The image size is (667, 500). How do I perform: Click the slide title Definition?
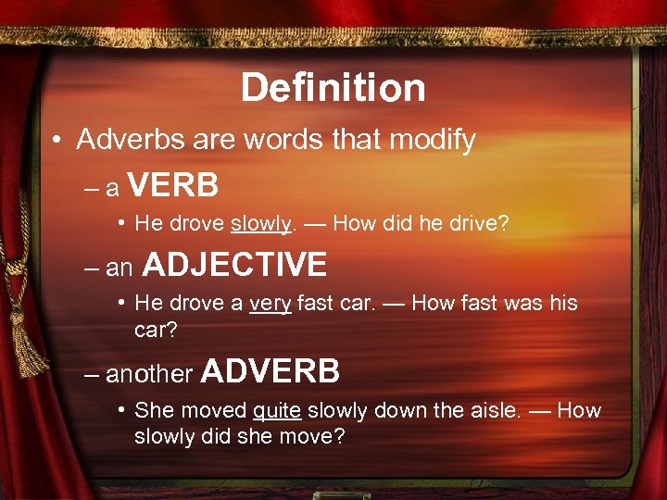click(333, 89)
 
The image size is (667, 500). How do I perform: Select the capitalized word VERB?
click(173, 187)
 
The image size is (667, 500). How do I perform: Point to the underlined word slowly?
click(260, 223)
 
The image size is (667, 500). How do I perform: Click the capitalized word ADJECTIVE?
click(235, 266)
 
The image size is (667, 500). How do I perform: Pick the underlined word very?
click(271, 303)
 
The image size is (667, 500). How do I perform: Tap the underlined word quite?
click(276, 410)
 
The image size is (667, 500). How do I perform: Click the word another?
click(148, 375)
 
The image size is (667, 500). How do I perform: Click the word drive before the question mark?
click(477, 223)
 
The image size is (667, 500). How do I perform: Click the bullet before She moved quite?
click(122, 410)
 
